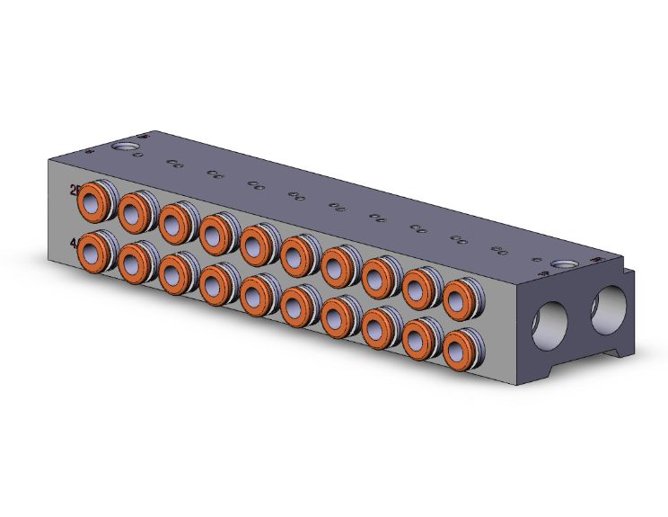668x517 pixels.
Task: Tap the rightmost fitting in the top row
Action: point(458,298)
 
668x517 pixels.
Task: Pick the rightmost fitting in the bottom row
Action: point(458,348)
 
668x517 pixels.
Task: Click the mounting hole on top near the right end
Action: point(565,265)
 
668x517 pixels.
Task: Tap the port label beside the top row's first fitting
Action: point(75,191)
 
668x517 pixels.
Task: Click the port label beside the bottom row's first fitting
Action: point(75,241)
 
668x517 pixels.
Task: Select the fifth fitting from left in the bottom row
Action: point(255,295)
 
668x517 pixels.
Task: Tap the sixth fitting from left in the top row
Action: point(295,255)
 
